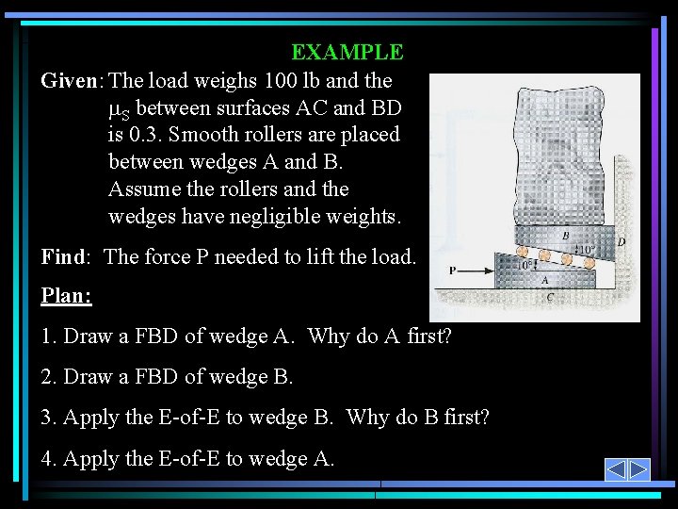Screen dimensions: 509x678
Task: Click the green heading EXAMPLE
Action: tap(347, 53)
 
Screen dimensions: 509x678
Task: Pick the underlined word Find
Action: tap(64, 256)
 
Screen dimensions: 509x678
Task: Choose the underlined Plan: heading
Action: tap(67, 295)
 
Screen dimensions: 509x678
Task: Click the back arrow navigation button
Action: tap(615, 469)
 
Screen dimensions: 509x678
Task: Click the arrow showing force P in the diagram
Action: tap(476, 271)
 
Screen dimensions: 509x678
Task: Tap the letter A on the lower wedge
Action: tap(544, 280)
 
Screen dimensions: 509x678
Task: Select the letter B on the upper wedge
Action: tap(564, 236)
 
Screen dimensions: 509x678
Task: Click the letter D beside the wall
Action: tap(621, 242)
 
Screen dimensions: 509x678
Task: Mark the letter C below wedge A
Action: tap(549, 298)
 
